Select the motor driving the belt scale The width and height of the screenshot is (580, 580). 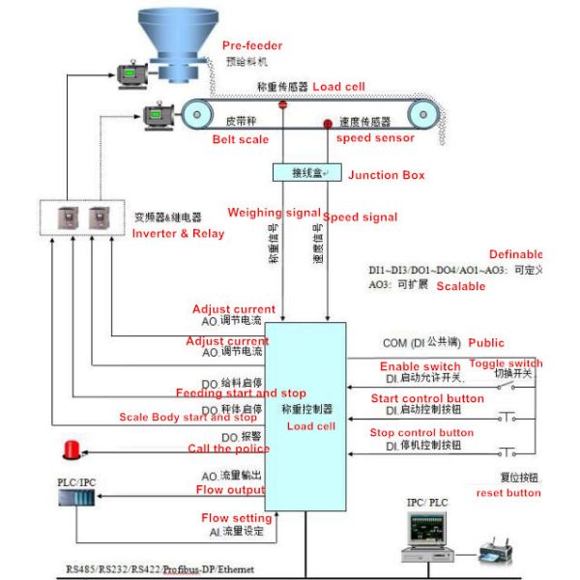157,116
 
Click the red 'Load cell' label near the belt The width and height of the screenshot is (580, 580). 339,86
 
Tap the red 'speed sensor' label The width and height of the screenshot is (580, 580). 375,138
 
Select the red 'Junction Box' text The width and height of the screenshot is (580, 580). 386,175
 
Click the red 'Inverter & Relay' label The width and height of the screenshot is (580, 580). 178,233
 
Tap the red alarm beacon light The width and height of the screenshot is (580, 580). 72,449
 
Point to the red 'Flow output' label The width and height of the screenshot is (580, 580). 231,489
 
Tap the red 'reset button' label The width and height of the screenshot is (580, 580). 508,493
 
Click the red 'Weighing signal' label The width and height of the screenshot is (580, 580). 268,213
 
